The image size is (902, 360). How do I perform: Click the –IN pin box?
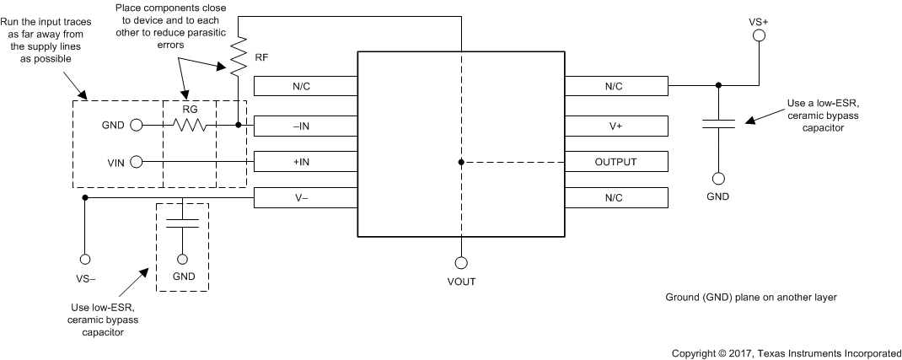point(306,125)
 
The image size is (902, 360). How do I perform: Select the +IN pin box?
point(306,161)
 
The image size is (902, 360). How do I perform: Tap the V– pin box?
point(306,197)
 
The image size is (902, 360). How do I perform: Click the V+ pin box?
point(616,125)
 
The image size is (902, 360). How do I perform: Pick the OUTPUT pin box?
point(616,161)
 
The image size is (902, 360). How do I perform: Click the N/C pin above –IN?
point(306,86)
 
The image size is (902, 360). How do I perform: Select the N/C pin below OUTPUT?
point(616,197)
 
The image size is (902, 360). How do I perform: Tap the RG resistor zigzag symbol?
point(189,125)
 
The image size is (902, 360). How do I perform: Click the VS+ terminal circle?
point(758,35)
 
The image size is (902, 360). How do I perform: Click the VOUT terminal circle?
point(461,262)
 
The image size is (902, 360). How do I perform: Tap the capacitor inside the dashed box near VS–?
point(182,223)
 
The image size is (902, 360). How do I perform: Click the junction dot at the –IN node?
point(239,125)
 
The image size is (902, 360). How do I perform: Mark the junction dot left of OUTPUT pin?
point(461,161)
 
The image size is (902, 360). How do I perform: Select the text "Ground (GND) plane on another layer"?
point(749,298)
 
